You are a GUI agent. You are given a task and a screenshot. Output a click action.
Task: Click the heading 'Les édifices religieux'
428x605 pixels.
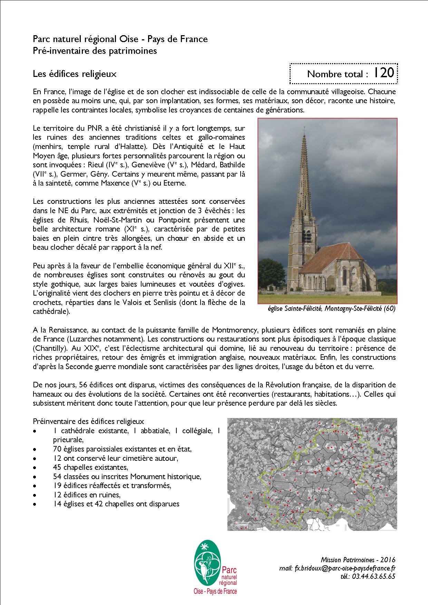pos(75,73)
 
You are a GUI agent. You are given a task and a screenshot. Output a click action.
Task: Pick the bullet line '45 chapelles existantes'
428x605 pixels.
pos(90,467)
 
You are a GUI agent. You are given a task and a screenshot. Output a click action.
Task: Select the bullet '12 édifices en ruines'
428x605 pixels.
pos(87,495)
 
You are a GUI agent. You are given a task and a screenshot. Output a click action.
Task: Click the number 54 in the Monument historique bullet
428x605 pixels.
pos(57,476)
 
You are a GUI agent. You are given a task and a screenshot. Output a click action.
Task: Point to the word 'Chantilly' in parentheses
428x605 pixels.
pos(50,348)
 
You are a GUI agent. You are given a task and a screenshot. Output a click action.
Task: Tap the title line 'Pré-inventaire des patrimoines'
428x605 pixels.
pos(95,51)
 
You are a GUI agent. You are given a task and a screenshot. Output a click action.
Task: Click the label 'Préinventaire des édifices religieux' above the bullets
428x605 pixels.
pos(88,421)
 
